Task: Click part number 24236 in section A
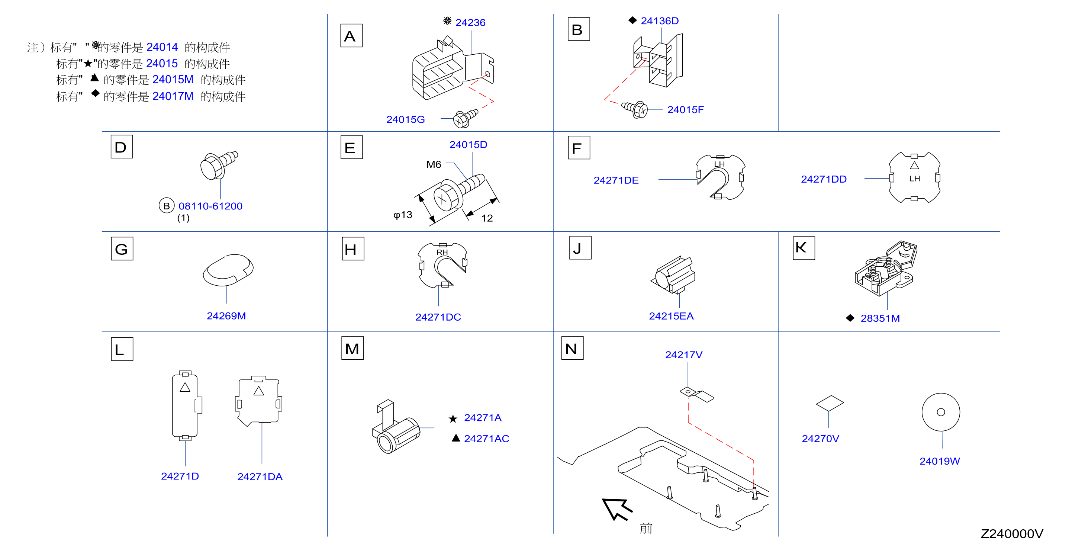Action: coord(470,22)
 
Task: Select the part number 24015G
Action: coord(405,120)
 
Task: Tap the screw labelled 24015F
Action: coord(635,110)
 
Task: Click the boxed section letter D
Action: coord(122,147)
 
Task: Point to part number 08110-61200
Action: coord(210,206)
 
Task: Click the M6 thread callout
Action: coord(434,164)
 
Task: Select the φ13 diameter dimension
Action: coord(403,215)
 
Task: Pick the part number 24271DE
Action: coord(616,180)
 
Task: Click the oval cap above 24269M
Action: coord(228,270)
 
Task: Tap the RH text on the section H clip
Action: coord(442,252)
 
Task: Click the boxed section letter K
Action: coord(804,248)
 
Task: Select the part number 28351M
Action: coord(880,318)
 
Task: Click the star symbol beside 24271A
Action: coord(453,418)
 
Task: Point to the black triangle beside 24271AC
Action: coord(455,438)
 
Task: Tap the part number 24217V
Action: coord(683,355)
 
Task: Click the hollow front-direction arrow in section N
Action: coord(616,508)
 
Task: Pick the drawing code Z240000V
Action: coord(1012,534)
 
